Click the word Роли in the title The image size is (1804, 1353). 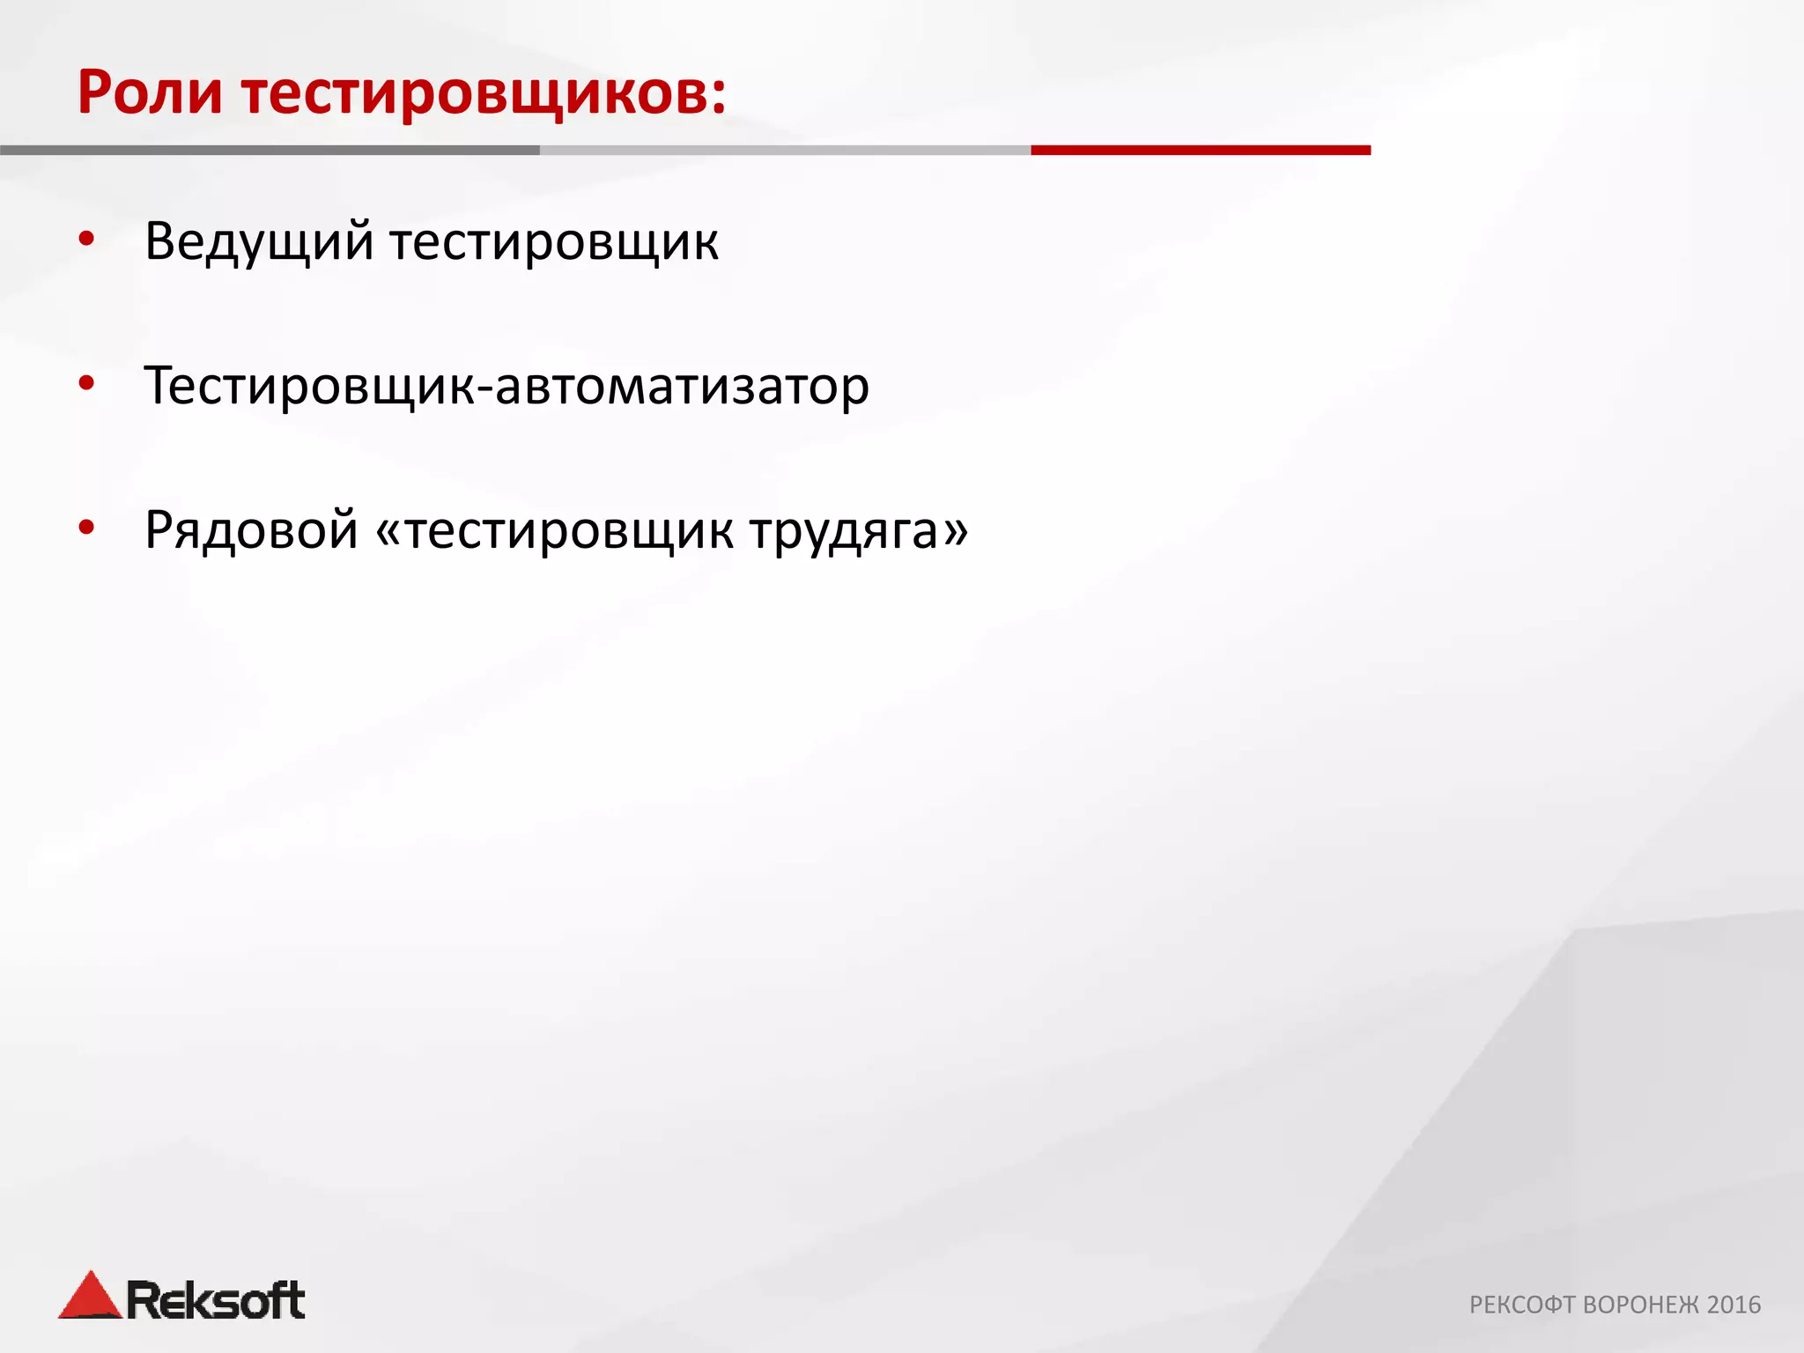pos(150,93)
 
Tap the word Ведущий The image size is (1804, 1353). pos(259,241)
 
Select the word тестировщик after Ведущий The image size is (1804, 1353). pos(554,243)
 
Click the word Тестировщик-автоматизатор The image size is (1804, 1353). pos(506,386)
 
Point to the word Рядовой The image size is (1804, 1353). pos(251,531)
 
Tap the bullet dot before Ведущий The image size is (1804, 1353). pos(86,240)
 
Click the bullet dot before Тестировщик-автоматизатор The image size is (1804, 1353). pos(86,383)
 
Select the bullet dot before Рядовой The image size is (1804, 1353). pos(86,528)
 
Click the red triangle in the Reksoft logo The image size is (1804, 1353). pos(89,1298)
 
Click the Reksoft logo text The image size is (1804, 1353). pos(216,1300)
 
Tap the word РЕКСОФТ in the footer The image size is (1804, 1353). pos(1522,1305)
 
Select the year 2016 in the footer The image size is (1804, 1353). pos(1734,1305)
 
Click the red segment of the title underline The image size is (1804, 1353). pos(1201,151)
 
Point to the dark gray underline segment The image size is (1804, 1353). pos(269,151)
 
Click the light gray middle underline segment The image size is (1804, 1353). pos(784,151)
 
